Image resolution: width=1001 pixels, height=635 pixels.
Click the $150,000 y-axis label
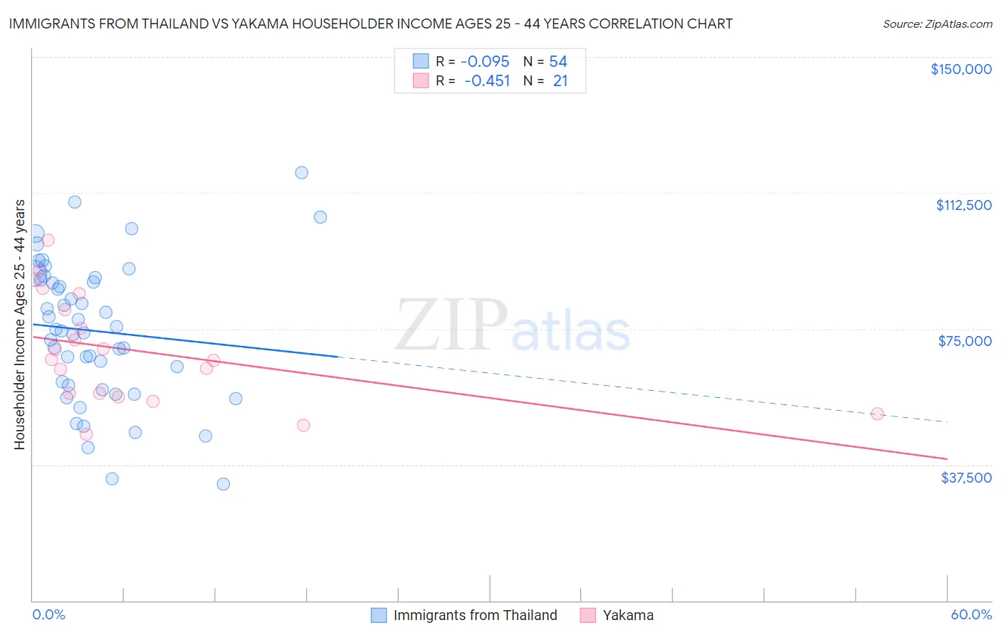[x=960, y=69]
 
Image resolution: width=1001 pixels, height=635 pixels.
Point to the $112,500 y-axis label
[x=963, y=205]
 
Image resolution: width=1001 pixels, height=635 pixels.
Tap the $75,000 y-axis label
[x=965, y=341]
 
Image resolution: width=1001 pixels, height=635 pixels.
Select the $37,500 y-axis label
[x=966, y=478]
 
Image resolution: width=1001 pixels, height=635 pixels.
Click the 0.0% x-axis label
[x=48, y=614]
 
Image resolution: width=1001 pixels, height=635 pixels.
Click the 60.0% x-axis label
[x=971, y=614]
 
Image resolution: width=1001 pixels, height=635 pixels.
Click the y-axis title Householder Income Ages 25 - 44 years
[x=19, y=325]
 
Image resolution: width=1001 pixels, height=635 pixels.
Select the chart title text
[x=370, y=23]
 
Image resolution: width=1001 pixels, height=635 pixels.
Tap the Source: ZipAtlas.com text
[x=937, y=23]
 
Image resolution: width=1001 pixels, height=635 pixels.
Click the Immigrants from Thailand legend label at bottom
[x=475, y=615]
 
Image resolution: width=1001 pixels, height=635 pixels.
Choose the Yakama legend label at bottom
[x=628, y=615]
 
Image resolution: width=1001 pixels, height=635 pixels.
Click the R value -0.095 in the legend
[x=485, y=62]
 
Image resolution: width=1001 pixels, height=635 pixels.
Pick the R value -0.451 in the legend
[x=487, y=81]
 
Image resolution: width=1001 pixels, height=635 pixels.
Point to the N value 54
[x=558, y=62]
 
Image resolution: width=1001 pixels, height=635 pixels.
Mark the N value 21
[x=560, y=81]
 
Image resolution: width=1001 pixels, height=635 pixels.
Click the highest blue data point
[x=301, y=172]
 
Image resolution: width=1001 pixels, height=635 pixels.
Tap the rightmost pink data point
[x=877, y=414]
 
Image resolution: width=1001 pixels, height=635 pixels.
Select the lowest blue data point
[x=223, y=484]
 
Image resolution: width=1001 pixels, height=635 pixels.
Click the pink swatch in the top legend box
[x=421, y=81]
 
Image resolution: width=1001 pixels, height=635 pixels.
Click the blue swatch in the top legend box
[x=421, y=62]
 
